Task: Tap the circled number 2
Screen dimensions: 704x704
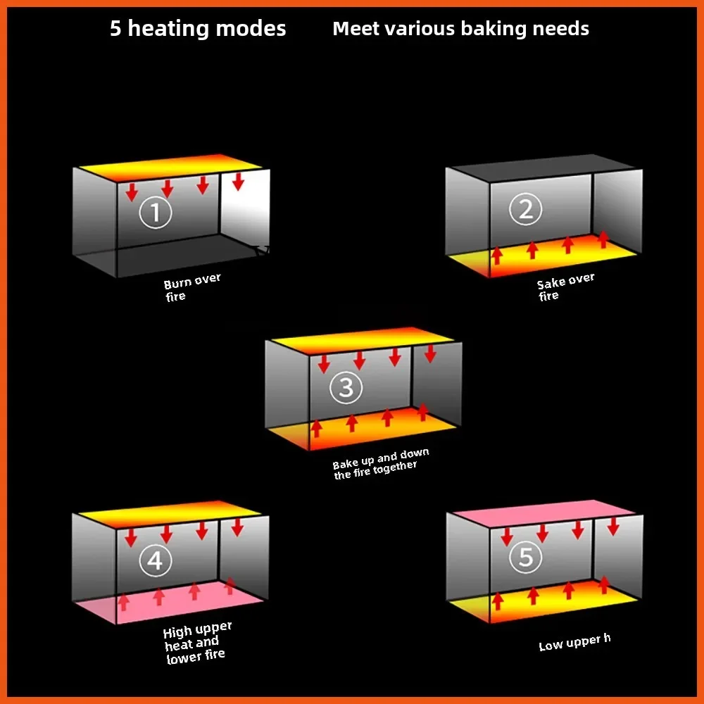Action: (526, 209)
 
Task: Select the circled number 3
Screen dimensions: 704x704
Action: (346, 387)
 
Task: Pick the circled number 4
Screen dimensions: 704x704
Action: (155, 560)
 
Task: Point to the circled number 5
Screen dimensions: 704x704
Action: (526, 558)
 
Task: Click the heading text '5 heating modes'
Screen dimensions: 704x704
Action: (198, 29)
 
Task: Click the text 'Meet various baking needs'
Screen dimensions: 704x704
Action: (460, 29)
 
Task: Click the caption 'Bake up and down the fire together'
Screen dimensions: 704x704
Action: (380, 463)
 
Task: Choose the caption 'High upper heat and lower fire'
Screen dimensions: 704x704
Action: (196, 643)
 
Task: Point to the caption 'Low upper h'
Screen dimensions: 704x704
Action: (574, 642)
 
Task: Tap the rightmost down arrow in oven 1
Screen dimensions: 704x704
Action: (238, 181)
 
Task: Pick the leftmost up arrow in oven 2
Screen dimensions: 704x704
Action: (496, 255)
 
